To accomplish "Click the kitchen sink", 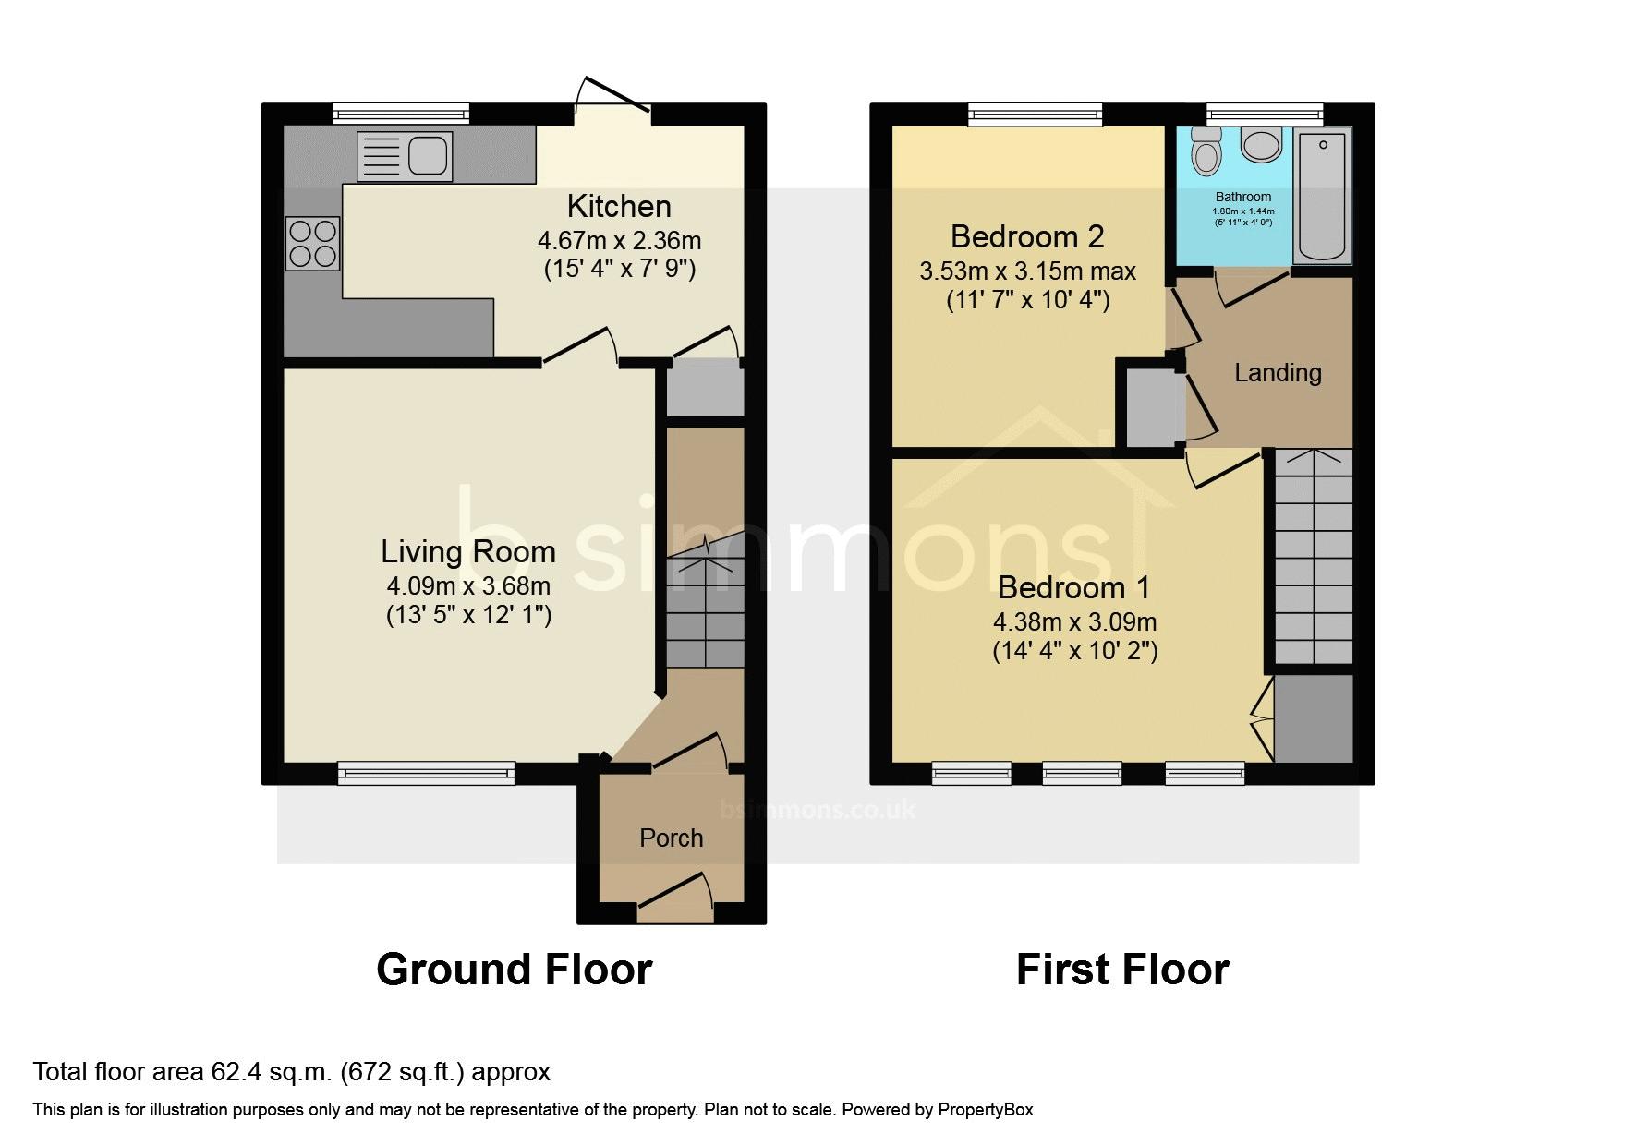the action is click(x=405, y=156).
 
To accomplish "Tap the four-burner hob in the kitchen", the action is click(x=312, y=243).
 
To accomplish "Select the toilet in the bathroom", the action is click(x=1206, y=151).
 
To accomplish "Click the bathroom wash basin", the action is click(x=1260, y=145).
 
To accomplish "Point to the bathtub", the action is click(x=1323, y=195).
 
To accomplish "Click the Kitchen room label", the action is click(x=619, y=206).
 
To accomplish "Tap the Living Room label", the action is click(x=468, y=551).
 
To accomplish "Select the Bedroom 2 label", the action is click(x=1027, y=237).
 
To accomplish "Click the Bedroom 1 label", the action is click(x=1074, y=587).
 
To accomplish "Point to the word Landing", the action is click(x=1278, y=373).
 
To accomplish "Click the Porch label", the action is click(x=672, y=838).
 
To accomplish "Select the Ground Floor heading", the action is click(x=515, y=970).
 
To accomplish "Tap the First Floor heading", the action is click(x=1122, y=970).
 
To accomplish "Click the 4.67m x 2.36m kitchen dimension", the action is click(x=620, y=241).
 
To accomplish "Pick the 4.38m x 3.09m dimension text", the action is click(x=1075, y=622).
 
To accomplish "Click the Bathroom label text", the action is click(x=1243, y=197).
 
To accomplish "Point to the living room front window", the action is click(x=426, y=773).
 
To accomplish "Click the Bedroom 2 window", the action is click(x=1036, y=114).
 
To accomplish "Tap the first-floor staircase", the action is click(x=1314, y=556).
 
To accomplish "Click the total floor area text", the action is click(x=292, y=1072).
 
